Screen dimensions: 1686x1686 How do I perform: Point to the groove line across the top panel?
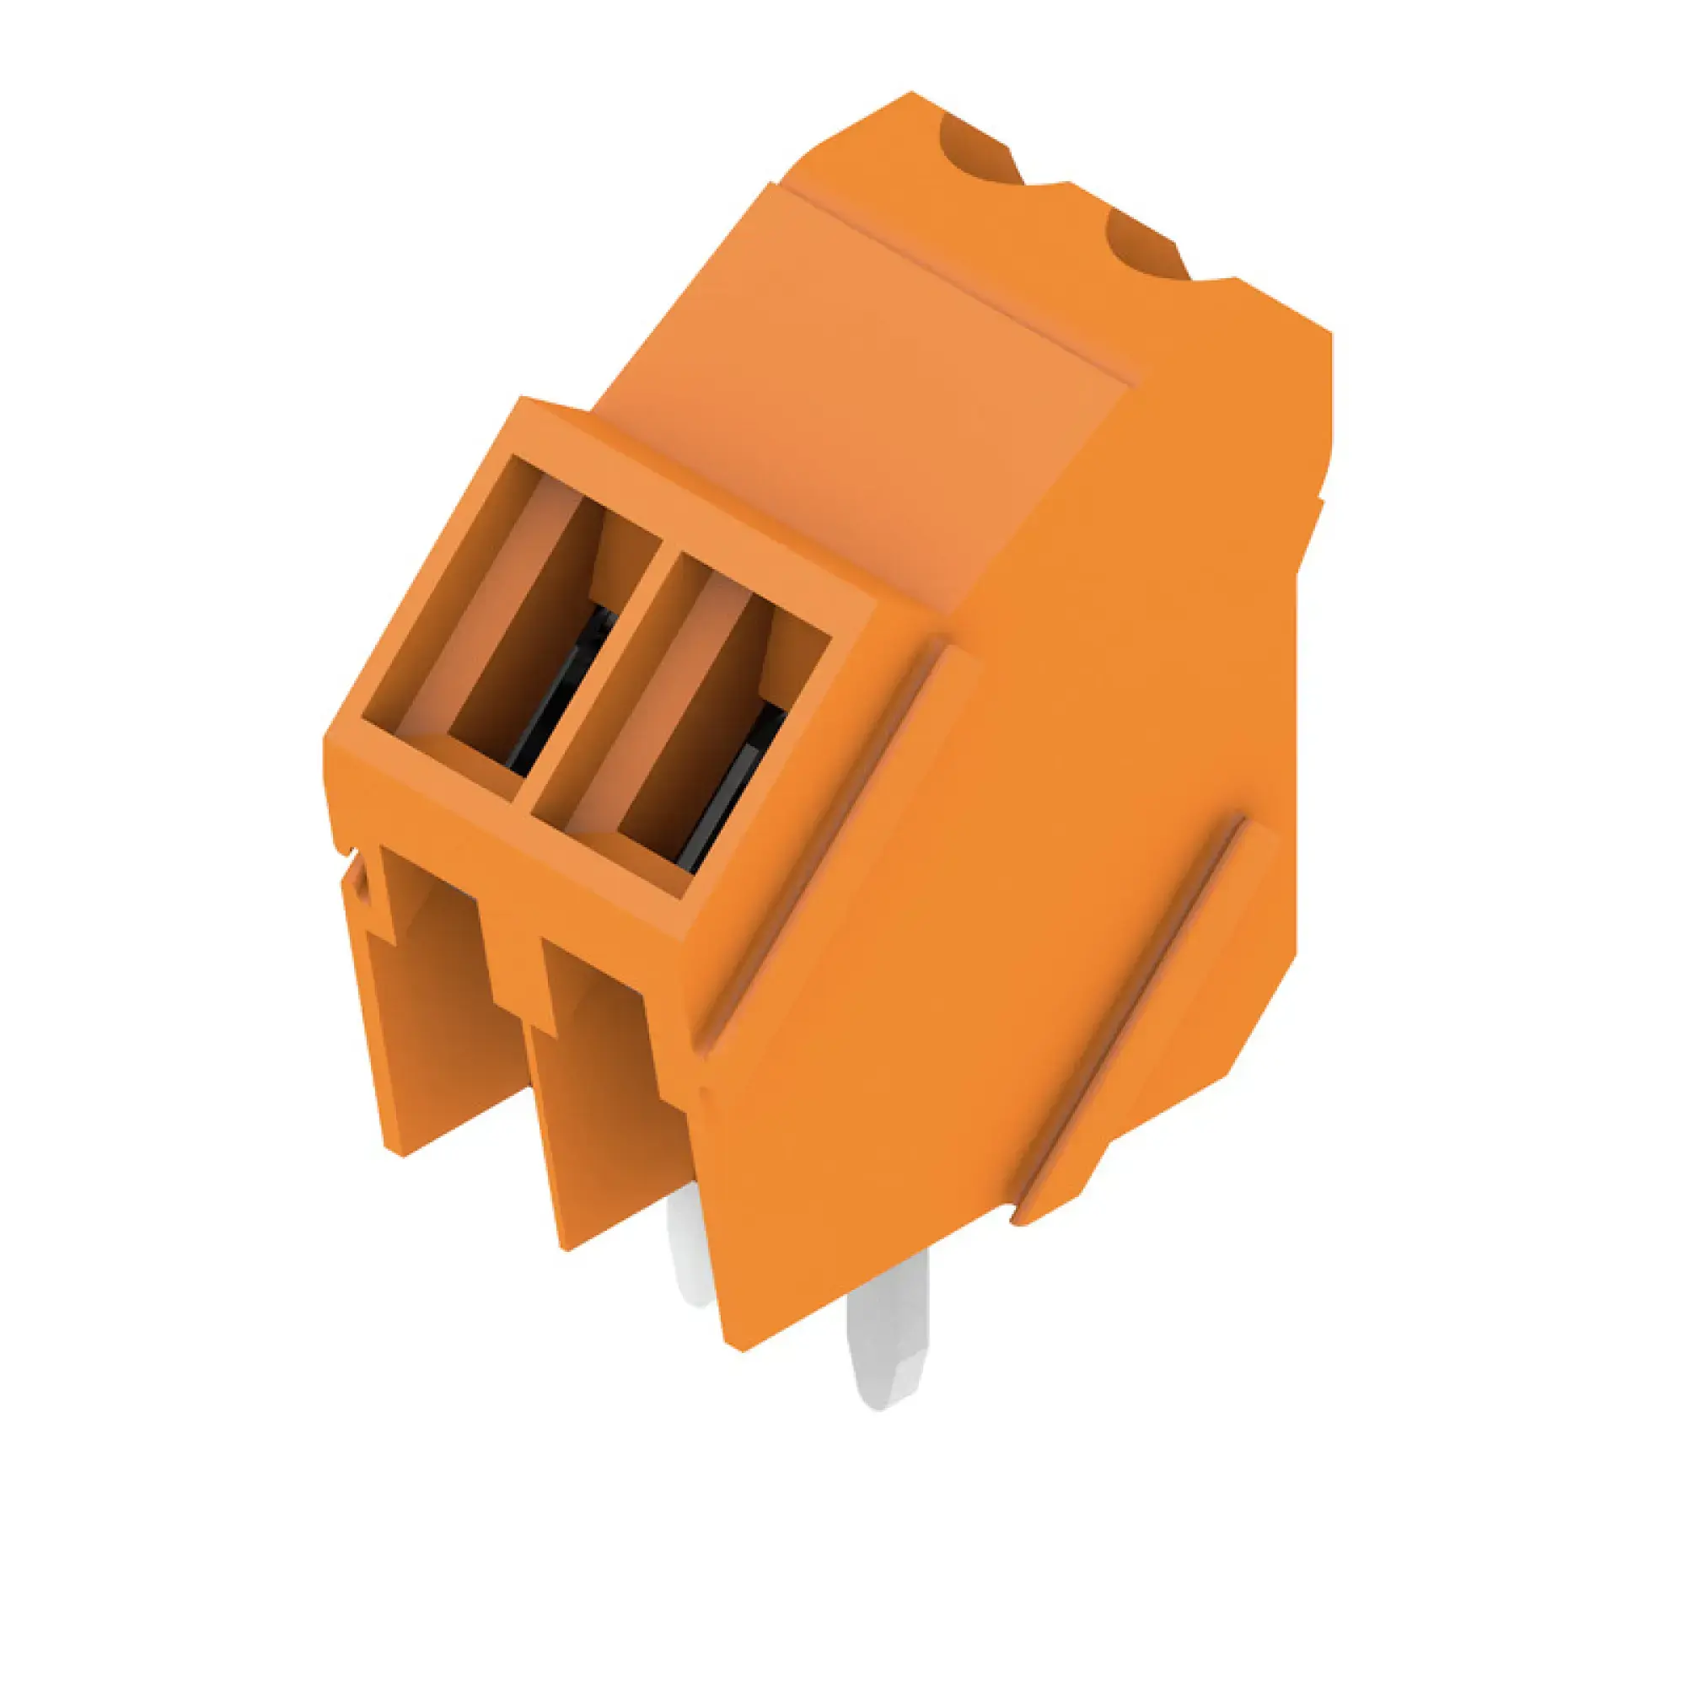tap(960, 279)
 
